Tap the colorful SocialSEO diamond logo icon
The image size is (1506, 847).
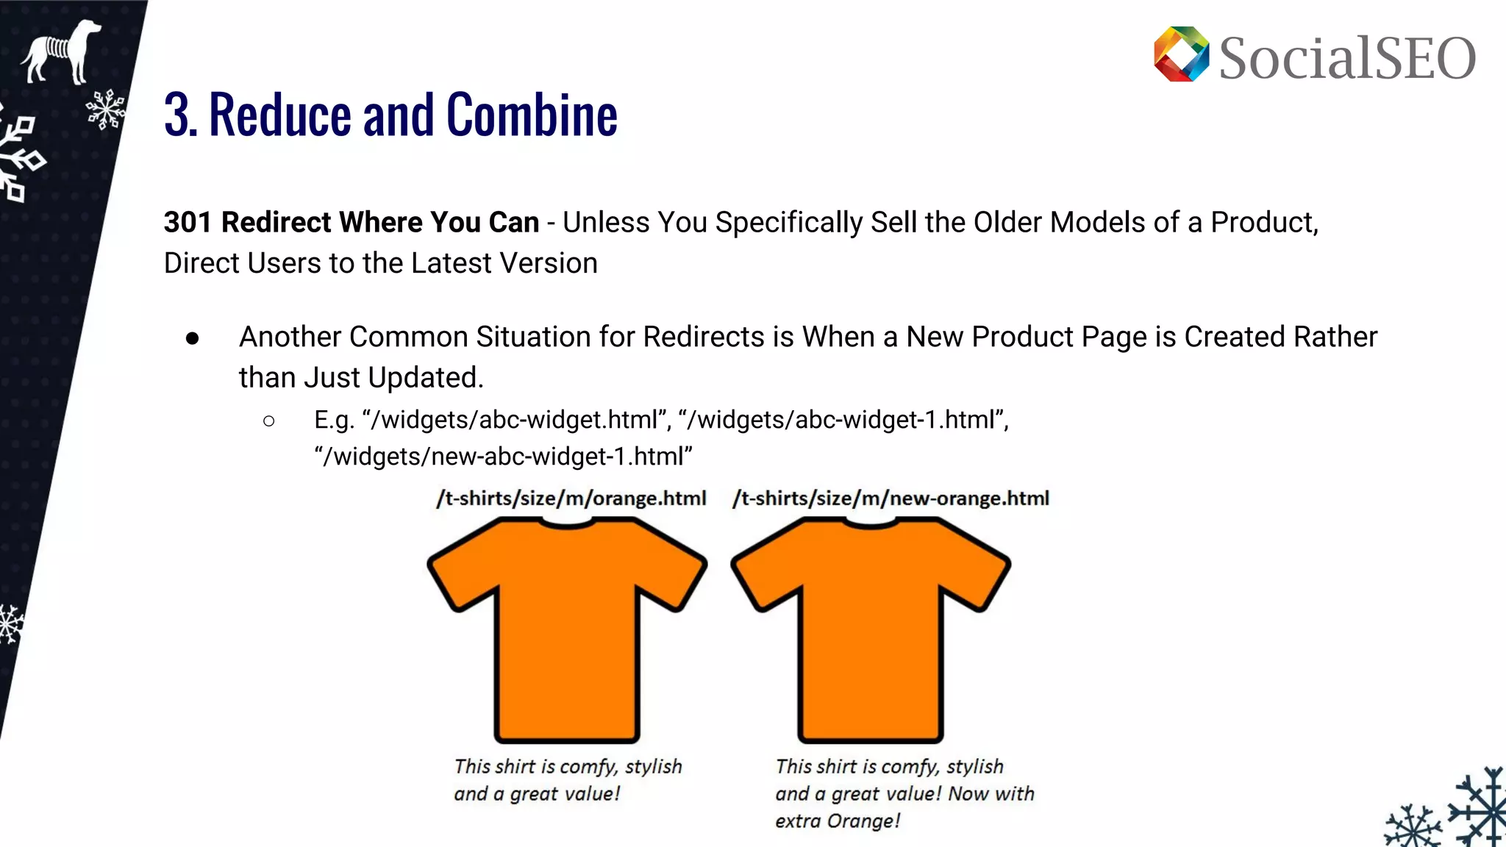pyautogui.click(x=1181, y=54)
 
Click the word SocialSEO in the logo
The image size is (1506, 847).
pyautogui.click(x=1347, y=58)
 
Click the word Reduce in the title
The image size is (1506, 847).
pyautogui.click(x=280, y=115)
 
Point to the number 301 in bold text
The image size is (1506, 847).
pyautogui.click(x=188, y=222)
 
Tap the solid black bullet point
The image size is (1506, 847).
pyautogui.click(x=193, y=338)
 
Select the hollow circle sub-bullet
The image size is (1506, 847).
pyautogui.click(x=268, y=421)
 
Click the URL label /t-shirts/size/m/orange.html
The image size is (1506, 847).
pyautogui.click(x=571, y=498)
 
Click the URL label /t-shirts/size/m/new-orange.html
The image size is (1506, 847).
pyautogui.click(x=891, y=498)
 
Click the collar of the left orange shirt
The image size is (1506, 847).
pyautogui.click(x=567, y=523)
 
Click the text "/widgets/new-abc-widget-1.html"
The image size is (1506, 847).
pyautogui.click(x=503, y=457)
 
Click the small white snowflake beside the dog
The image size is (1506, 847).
pyautogui.click(x=105, y=110)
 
